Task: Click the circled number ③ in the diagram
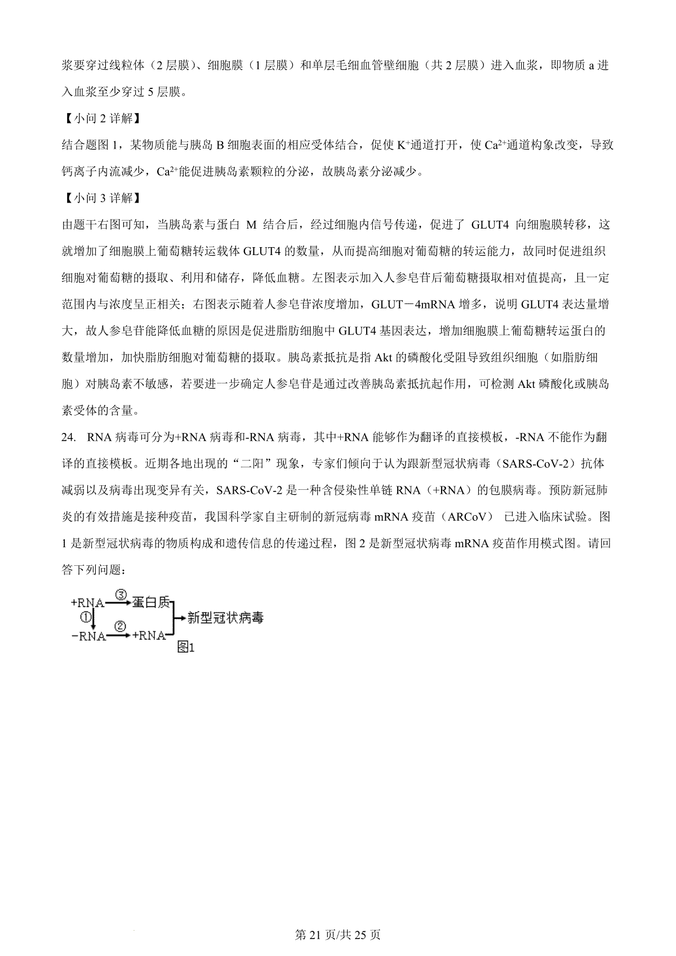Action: click(x=123, y=595)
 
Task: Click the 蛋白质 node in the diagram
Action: click(x=151, y=602)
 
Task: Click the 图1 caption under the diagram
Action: click(x=185, y=647)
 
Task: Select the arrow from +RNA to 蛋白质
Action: click(x=118, y=602)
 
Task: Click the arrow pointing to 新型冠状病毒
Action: click(x=180, y=618)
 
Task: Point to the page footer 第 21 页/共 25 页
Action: click(x=338, y=935)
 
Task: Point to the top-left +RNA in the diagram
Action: click(x=87, y=602)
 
